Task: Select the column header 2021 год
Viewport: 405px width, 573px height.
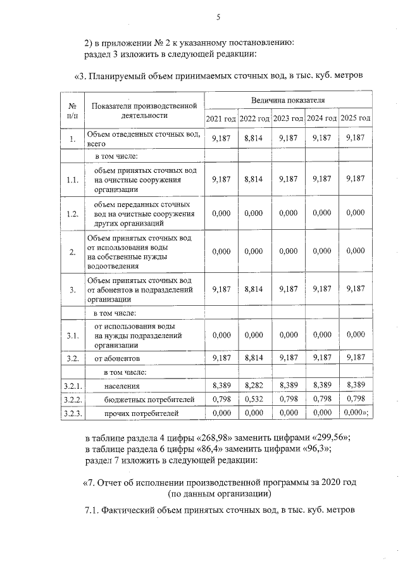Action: tap(221, 118)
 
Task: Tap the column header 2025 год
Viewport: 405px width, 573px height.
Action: tap(356, 118)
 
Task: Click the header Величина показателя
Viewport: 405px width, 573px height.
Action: tap(288, 100)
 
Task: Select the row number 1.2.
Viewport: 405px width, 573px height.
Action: tap(72, 214)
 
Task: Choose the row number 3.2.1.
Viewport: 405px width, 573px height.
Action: tap(72, 386)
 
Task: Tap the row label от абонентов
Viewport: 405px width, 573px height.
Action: tap(117, 358)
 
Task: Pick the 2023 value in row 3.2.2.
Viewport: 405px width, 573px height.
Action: tap(288, 399)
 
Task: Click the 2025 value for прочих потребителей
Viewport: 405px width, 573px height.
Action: tap(354, 413)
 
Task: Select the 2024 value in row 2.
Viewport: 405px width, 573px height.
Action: tap(321, 251)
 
